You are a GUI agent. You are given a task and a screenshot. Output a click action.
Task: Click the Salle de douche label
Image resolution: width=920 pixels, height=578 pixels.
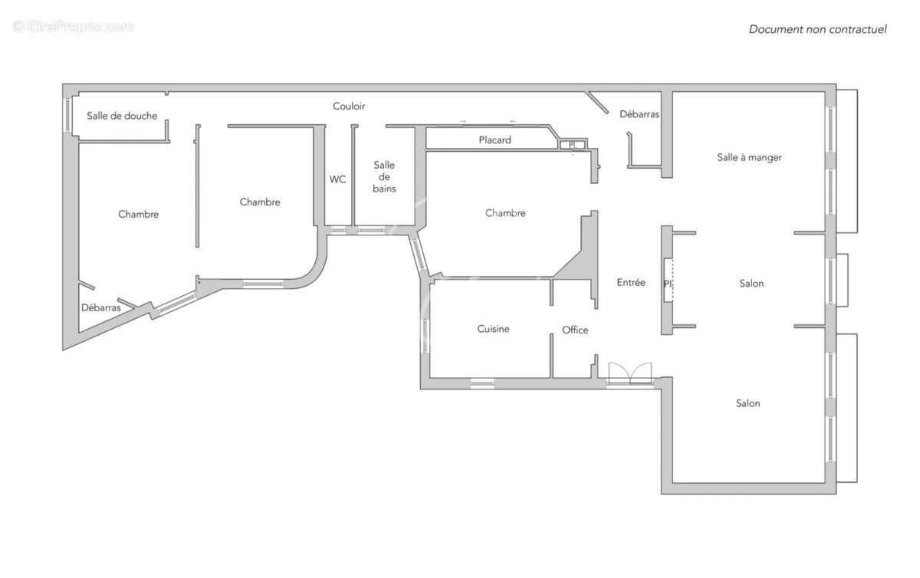[122, 116]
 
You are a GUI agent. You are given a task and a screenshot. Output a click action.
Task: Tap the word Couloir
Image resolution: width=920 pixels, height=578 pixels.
[349, 106]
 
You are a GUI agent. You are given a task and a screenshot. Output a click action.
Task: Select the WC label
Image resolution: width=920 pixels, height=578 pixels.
[337, 179]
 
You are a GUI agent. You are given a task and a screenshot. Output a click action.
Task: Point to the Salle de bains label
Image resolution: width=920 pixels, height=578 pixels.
[384, 176]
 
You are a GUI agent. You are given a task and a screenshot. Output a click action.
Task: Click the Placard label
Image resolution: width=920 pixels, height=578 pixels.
[495, 140]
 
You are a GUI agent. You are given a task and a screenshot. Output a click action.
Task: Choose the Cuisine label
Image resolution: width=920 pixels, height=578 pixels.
[493, 329]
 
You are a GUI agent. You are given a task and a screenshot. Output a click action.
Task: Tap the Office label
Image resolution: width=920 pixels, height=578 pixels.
[575, 330]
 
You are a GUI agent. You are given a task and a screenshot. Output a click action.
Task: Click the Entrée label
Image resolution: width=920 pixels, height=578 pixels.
[631, 282]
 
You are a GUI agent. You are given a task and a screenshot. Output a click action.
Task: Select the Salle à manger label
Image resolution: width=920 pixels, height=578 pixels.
[749, 157]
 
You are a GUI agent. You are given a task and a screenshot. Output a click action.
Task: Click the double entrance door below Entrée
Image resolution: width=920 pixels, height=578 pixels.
[629, 373]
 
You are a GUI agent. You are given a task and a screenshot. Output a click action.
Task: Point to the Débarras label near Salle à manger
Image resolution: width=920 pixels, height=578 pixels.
[639, 114]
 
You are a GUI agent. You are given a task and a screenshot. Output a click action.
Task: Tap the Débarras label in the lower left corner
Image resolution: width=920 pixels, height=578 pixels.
[100, 307]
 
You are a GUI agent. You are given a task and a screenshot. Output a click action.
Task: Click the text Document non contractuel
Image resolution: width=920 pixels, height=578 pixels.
[817, 29]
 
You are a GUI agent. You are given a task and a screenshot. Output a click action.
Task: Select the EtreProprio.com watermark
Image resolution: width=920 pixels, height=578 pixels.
[74, 27]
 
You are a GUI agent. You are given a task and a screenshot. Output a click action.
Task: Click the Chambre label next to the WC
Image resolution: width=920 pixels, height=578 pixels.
[260, 202]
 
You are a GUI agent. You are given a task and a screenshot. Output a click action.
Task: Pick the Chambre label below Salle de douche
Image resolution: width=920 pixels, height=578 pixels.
[139, 214]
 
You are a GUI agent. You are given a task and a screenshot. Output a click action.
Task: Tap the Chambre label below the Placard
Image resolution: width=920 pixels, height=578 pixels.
[505, 213]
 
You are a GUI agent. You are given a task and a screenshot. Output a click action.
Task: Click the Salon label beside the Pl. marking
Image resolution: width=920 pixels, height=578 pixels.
[751, 284]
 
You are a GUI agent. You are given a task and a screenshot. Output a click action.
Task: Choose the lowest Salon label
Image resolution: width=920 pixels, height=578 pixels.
[748, 403]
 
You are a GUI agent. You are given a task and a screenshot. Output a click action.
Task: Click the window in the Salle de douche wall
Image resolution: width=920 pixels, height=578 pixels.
[67, 115]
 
